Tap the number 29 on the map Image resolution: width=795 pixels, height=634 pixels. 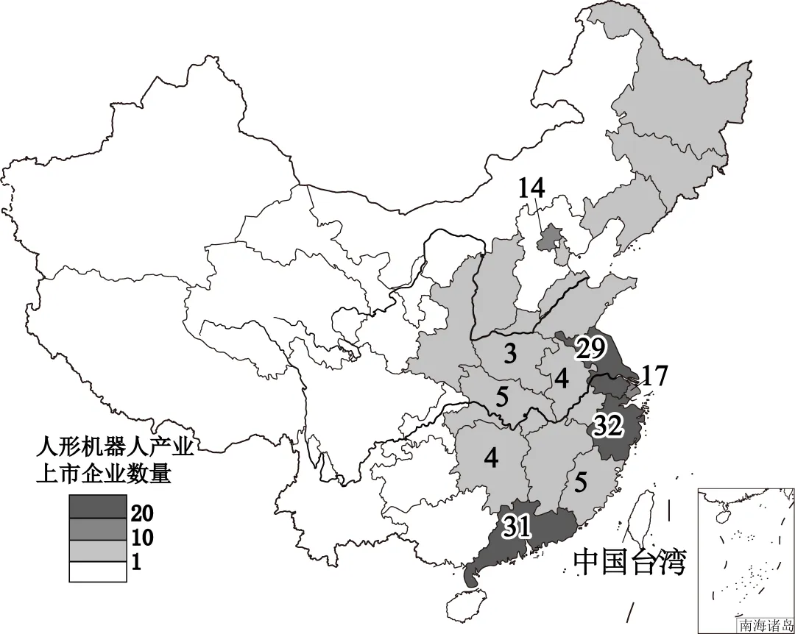click(590, 349)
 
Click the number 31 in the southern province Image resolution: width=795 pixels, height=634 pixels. click(517, 525)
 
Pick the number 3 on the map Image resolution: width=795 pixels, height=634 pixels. click(509, 355)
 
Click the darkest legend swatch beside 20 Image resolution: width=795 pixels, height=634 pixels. click(96, 505)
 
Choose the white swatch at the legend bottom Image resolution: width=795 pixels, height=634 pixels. click(96, 571)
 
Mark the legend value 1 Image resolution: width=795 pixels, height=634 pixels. click(136, 563)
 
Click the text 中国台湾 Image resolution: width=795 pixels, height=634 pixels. click(629, 562)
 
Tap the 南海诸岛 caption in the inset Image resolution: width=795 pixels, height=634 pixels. click(766, 625)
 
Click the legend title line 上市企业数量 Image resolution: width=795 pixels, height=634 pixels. click(104, 473)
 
